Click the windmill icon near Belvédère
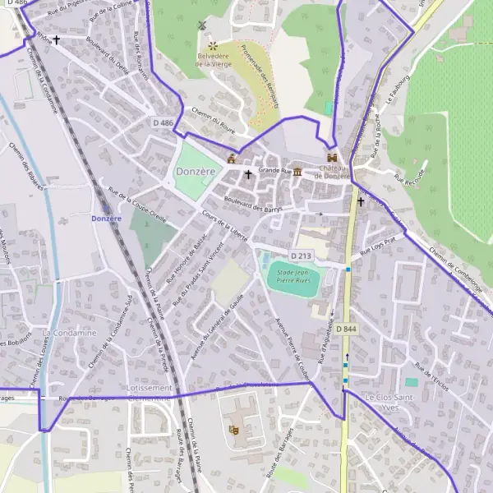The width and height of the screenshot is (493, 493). coord(199,25)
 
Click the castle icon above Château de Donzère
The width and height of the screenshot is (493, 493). coord(332,157)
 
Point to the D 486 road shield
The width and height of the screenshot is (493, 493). coord(164,122)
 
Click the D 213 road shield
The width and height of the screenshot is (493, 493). coord(301,256)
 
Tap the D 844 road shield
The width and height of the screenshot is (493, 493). coord(346,329)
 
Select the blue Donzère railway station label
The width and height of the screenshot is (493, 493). coord(106,218)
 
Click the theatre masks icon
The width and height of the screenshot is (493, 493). coord(234,429)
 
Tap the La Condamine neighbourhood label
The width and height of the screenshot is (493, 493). coord(69,333)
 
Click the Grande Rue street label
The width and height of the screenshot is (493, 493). coord(275,171)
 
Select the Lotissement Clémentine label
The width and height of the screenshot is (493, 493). coord(145,392)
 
